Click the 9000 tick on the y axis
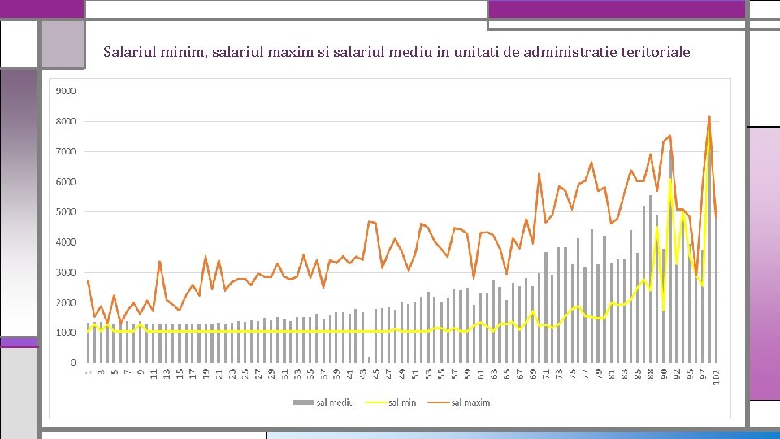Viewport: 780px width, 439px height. click(x=66, y=91)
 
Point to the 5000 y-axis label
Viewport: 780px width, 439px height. click(x=66, y=211)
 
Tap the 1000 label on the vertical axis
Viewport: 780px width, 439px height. click(x=66, y=333)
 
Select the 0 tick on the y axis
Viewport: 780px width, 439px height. click(x=73, y=363)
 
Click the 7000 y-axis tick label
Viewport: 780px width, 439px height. click(x=66, y=151)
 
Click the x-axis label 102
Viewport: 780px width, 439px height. click(x=717, y=379)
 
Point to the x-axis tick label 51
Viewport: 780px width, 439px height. click(x=415, y=376)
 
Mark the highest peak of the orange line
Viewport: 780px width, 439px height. click(x=709, y=116)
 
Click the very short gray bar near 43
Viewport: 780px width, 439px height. click(x=369, y=359)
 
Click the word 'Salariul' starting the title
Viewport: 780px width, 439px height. click(x=129, y=52)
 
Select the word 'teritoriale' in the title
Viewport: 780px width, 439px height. click(x=651, y=52)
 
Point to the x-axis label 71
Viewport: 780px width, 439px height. click(x=546, y=376)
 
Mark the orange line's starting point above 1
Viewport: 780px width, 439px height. click(x=88, y=280)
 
